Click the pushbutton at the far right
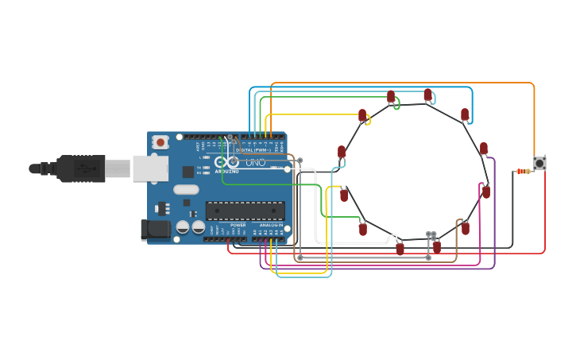pos(539,163)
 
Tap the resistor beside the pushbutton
pos(523,171)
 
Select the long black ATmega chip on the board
pos(245,211)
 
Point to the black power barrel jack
pos(155,230)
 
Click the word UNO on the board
pos(255,163)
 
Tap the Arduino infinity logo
pos(226,162)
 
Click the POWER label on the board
pos(238,225)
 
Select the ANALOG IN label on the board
pos(271,225)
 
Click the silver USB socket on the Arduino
pos(149,168)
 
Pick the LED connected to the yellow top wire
pos(362,116)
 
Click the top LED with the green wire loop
pos(391,97)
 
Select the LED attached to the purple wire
pos(483,149)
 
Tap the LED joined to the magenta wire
pos(485,192)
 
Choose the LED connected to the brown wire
pos(465,228)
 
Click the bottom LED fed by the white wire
pos(400,248)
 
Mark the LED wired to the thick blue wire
pos(465,114)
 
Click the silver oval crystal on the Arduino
pos(186,189)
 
